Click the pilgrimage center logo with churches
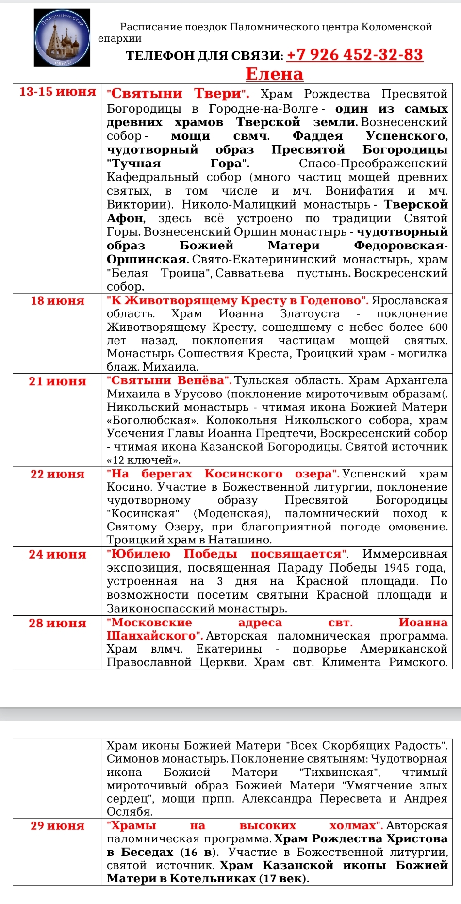(x=62, y=38)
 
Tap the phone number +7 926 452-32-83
(x=355, y=55)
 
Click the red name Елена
(x=274, y=74)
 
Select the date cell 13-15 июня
(x=58, y=92)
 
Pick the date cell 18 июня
(x=57, y=301)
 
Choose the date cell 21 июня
(x=57, y=381)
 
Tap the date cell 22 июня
(x=57, y=474)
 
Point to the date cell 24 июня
(x=57, y=554)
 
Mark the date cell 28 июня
(x=57, y=623)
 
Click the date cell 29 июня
(x=57, y=826)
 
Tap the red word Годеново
(x=332, y=301)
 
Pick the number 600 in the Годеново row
(x=438, y=328)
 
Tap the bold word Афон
(x=125, y=218)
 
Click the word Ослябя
(x=129, y=811)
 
